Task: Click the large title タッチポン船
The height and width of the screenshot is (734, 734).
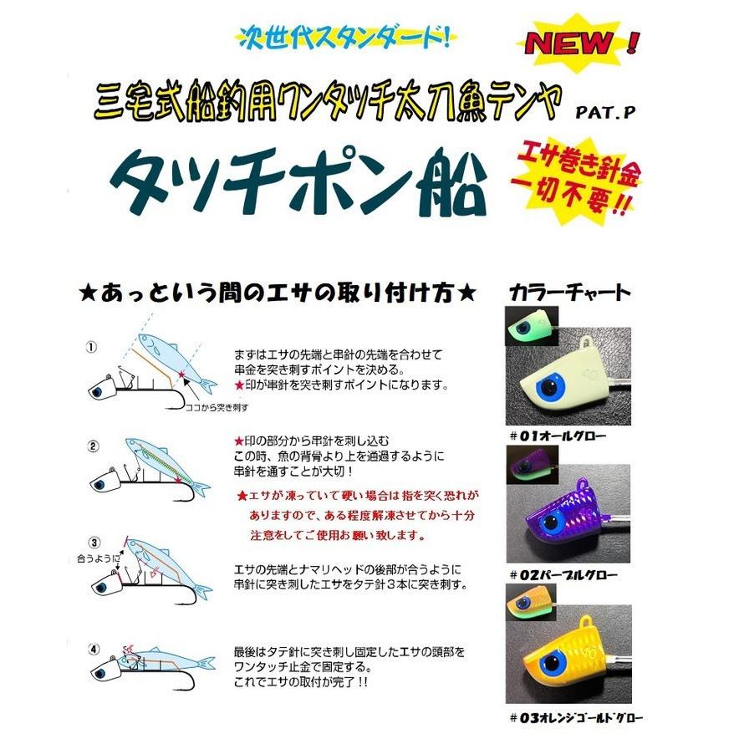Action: (297, 185)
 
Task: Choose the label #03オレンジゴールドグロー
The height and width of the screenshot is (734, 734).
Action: (576, 716)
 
